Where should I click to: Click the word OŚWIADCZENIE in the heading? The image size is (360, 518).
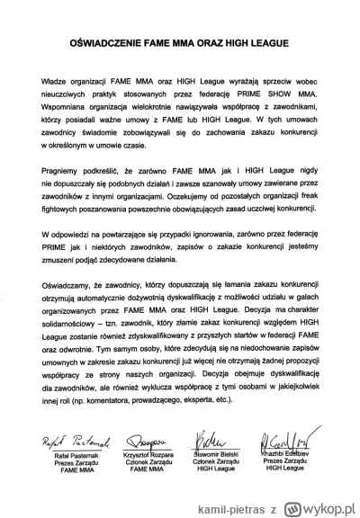click(111, 42)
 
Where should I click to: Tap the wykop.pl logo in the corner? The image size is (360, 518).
click(315, 503)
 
